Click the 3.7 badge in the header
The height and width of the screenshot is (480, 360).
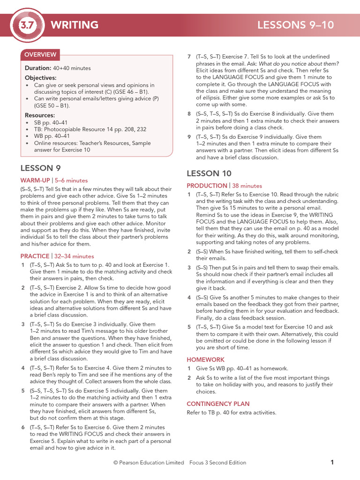pyautogui.click(x=27, y=25)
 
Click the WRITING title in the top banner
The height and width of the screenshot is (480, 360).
pyautogui.click(x=75, y=25)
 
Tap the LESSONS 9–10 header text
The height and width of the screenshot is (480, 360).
pyautogui.click(x=296, y=25)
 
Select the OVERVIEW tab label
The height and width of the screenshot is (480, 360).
pyautogui.click(x=40, y=55)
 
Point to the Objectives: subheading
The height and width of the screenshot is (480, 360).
pyautogui.click(x=40, y=78)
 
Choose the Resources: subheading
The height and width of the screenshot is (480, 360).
pyautogui.click(x=40, y=115)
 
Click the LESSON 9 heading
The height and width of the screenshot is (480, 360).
pyautogui.click(x=40, y=168)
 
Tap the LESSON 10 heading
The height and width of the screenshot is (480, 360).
pyautogui.click(x=209, y=173)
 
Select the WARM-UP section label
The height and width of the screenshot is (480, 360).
pyautogui.click(x=36, y=180)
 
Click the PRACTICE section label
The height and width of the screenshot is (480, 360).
pyautogui.click(x=35, y=256)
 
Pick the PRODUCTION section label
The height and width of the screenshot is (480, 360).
pyautogui.click(x=207, y=186)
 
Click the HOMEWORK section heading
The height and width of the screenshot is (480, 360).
pyautogui.click(x=205, y=360)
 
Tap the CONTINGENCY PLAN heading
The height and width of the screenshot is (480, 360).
pyautogui.click(x=218, y=404)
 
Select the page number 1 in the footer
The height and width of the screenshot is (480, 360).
pyautogui.click(x=332, y=462)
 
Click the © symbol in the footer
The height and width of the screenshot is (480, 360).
pyautogui.click(x=115, y=463)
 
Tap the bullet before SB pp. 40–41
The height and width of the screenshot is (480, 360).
pyautogui.click(x=28, y=122)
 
